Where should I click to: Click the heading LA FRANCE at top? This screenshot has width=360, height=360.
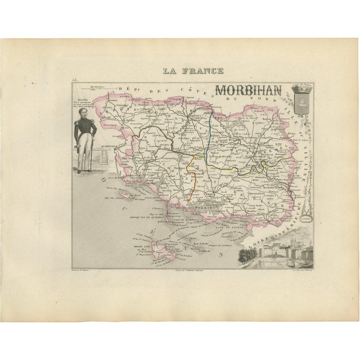coord(193,71)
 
